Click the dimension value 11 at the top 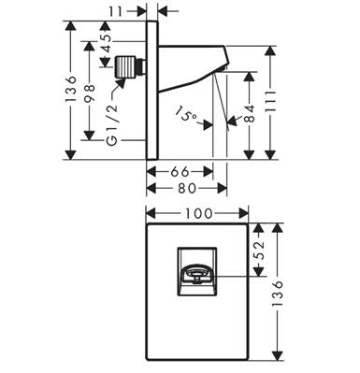(117, 11)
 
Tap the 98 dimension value (90, 93)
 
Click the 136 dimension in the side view (71, 88)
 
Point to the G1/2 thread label (112, 124)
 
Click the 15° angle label (186, 114)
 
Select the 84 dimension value (249, 113)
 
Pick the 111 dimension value (270, 102)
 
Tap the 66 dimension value (180, 171)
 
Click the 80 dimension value (187, 188)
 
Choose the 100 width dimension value (198, 214)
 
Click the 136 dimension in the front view (277, 294)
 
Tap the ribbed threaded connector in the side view (126, 66)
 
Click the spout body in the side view (194, 67)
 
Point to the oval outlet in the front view (196, 273)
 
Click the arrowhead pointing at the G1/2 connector (120, 83)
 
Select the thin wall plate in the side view (152, 91)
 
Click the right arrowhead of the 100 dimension (243, 214)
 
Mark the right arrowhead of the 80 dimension (223, 188)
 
